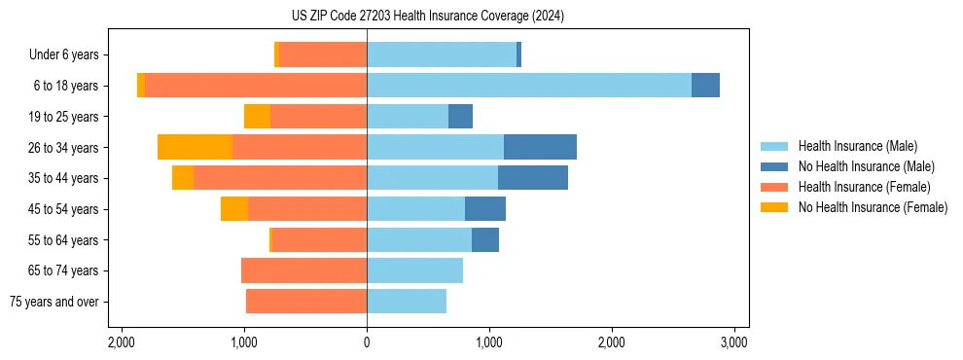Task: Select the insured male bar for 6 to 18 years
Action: click(528, 86)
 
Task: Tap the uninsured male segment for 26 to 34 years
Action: click(540, 147)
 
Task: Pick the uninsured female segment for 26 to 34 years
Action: click(195, 147)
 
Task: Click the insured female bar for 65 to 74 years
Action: click(303, 270)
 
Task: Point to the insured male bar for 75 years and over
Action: click(407, 302)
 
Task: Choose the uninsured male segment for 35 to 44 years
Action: click(533, 178)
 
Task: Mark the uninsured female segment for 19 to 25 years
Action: click(257, 117)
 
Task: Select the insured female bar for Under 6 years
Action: click(323, 54)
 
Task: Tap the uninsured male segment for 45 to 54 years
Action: click(485, 209)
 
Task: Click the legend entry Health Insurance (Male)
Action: click(857, 146)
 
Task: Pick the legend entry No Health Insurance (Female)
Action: click(873, 207)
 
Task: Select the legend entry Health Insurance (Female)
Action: click(864, 187)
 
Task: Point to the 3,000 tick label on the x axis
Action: click(734, 342)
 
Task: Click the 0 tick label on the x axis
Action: click(367, 342)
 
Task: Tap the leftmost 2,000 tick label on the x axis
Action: click(122, 342)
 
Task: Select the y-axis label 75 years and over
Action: click(53, 302)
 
